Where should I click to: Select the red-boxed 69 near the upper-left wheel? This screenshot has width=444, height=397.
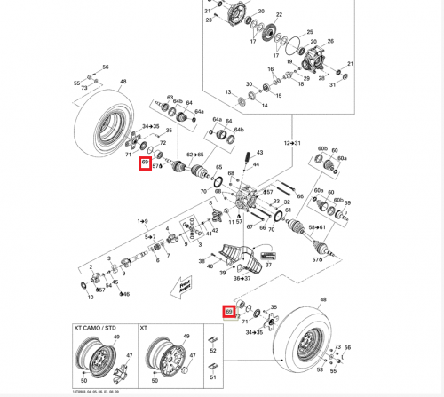point(144,164)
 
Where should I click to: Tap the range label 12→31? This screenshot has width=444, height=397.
point(292,142)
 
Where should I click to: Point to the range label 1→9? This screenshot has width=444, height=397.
point(141,219)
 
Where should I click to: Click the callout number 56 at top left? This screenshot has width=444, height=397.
point(106,67)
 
